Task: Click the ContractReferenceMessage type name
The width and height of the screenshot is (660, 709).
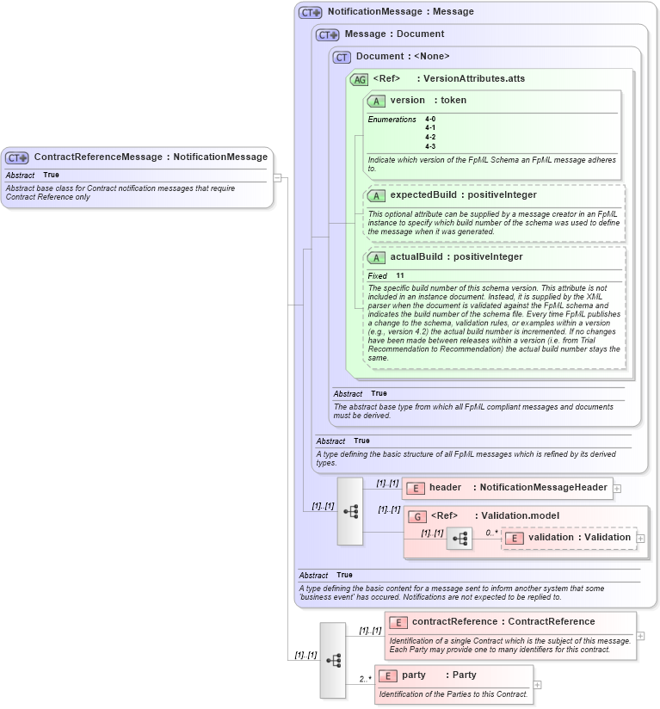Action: [x=98, y=157]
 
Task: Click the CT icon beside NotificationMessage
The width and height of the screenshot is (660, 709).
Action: [x=311, y=13]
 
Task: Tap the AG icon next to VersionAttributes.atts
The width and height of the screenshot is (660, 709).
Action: [x=359, y=79]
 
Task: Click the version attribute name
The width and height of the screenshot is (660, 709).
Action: [x=407, y=100]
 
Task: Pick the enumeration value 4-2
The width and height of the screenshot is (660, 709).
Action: [x=430, y=137]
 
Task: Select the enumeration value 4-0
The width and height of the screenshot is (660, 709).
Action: [x=430, y=119]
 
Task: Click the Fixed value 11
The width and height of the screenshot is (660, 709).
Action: [x=400, y=275]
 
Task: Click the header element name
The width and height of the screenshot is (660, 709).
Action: [x=445, y=487]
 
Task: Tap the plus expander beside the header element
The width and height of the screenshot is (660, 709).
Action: [x=617, y=488]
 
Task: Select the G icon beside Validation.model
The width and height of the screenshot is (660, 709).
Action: [x=417, y=516]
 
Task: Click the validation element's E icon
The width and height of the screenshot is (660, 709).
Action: [x=514, y=538]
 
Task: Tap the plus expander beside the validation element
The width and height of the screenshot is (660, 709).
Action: [x=640, y=538]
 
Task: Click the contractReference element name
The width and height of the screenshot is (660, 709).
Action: [x=454, y=621]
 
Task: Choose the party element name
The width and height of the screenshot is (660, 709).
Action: [x=414, y=675]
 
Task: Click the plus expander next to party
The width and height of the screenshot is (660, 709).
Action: [x=538, y=685]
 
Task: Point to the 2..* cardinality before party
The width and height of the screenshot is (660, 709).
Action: [x=365, y=679]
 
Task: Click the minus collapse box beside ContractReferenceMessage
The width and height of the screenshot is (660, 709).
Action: [x=277, y=177]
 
